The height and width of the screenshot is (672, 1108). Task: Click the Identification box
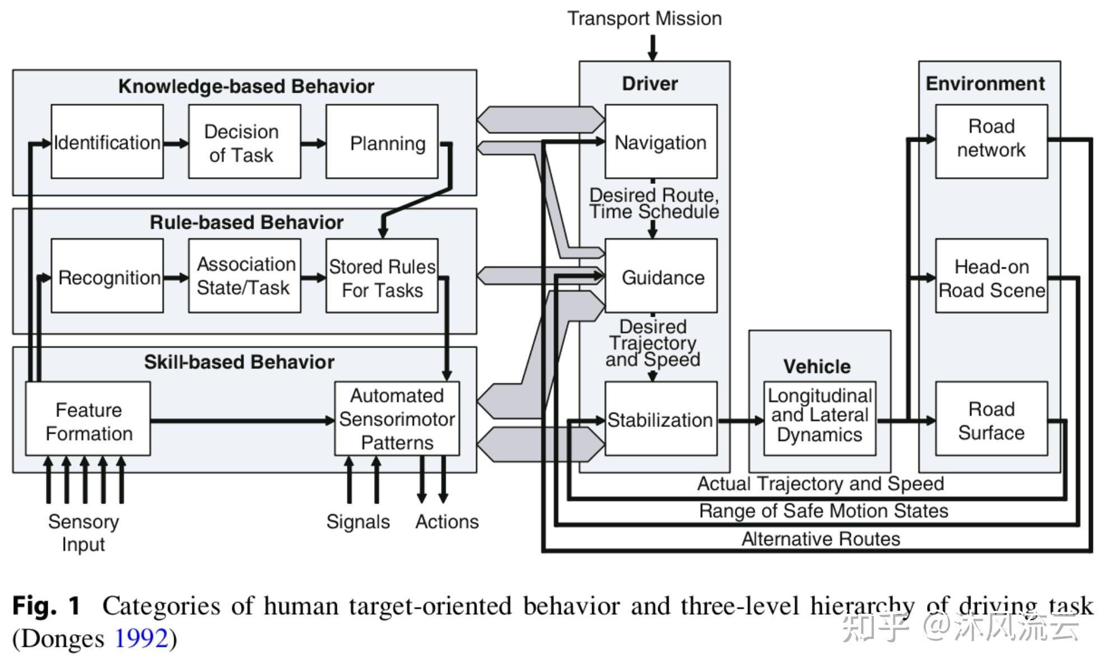(107, 142)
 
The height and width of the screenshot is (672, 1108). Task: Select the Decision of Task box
(244, 142)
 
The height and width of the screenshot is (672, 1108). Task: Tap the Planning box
(382, 142)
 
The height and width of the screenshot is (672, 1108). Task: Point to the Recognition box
(107, 276)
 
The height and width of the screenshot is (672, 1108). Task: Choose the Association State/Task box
(244, 276)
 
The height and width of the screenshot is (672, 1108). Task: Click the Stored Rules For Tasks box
(382, 276)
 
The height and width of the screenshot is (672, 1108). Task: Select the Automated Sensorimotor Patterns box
(397, 419)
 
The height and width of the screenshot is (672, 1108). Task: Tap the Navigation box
(661, 142)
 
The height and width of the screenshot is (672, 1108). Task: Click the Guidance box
(661, 276)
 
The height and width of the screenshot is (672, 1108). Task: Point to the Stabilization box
(661, 419)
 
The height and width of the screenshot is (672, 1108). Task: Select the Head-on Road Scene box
(991, 276)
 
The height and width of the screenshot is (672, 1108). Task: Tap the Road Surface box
(991, 419)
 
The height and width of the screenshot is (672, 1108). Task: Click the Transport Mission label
(644, 18)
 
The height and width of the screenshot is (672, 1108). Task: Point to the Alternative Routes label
(821, 539)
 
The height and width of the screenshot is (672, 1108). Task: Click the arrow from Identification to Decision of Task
(176, 143)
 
